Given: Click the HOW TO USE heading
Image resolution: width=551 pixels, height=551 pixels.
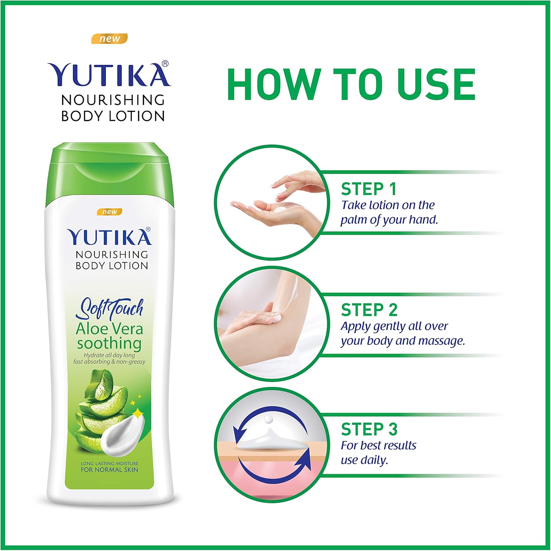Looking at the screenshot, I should click(x=351, y=84).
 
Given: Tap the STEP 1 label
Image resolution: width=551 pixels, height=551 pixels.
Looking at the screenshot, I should click(x=368, y=189).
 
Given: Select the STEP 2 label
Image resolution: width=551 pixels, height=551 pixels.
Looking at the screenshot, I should click(x=369, y=310).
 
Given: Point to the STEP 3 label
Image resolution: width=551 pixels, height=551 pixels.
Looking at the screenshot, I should click(x=369, y=429).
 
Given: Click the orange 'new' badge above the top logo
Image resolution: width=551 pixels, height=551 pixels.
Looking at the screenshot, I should click(x=109, y=39).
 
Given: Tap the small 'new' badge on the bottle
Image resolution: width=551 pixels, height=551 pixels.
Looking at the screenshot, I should click(x=109, y=212).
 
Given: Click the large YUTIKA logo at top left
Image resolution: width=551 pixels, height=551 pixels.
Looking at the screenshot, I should click(x=109, y=75).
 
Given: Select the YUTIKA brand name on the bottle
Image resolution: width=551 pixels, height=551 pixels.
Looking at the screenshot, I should click(x=109, y=237).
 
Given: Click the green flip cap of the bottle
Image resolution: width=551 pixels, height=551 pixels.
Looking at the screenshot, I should click(x=109, y=173).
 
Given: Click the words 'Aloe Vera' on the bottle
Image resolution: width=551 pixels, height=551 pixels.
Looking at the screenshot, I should click(x=109, y=329).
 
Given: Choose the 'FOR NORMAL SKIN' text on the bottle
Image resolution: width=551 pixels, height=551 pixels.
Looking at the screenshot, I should click(x=109, y=469).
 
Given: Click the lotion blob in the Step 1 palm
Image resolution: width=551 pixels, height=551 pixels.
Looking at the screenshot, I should click(x=281, y=209).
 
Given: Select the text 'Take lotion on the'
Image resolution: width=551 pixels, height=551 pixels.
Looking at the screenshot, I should click(x=388, y=205).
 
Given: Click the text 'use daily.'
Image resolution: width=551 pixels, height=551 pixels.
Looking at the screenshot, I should click(x=364, y=460).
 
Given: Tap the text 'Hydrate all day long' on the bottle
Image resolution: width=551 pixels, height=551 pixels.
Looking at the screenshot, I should click(x=109, y=355).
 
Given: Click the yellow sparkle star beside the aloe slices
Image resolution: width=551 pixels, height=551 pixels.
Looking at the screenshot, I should click(x=138, y=414).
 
